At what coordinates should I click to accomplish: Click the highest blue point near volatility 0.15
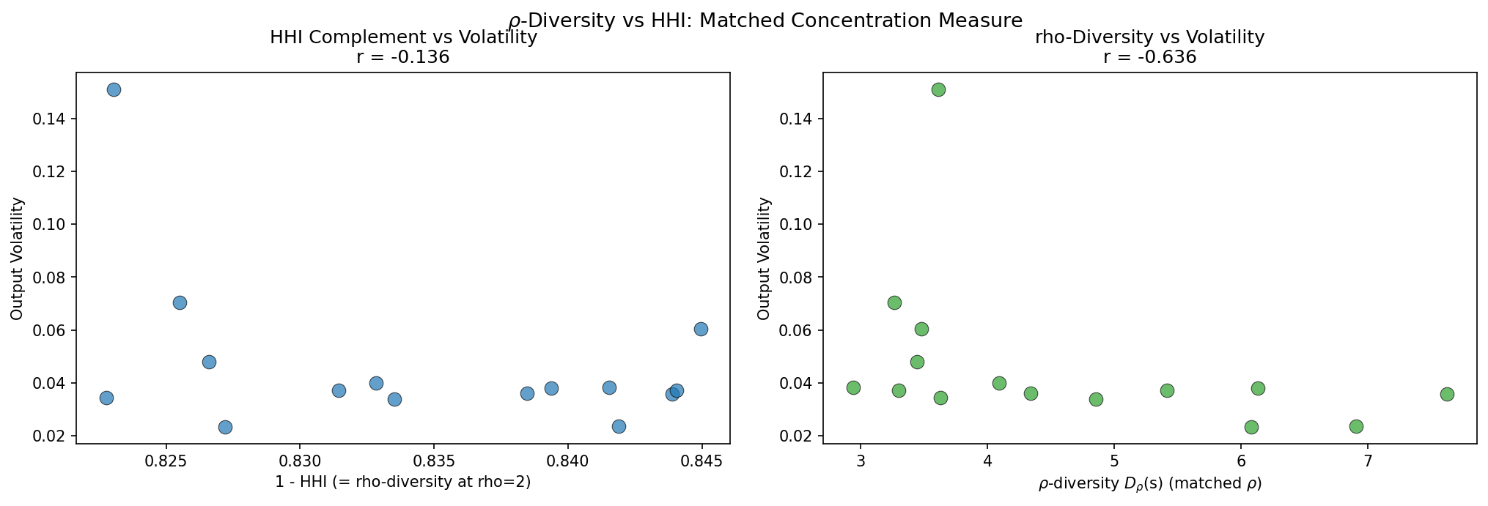[x=114, y=90]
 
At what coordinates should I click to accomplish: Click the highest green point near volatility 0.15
[x=938, y=90]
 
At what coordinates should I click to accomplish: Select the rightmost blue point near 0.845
[x=701, y=330]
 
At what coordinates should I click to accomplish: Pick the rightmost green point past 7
[x=1447, y=395]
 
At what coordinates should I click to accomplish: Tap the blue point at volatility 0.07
[x=180, y=303]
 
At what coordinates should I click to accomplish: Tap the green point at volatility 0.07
[x=894, y=303]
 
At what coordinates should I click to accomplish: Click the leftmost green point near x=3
[x=853, y=387]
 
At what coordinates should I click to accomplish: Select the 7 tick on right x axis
[x=1368, y=462]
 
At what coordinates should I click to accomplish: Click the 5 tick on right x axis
[x=1114, y=462]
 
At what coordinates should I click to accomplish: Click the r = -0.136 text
[x=402, y=57]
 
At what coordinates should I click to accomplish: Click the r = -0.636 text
[x=1149, y=57]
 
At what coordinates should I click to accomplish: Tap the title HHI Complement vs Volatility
[x=403, y=37]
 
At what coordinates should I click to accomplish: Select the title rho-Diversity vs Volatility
[x=1149, y=37]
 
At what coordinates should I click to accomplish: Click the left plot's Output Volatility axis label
[x=17, y=258]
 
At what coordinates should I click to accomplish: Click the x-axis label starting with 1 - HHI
[x=402, y=482]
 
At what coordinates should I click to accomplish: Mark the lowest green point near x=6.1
[x=1251, y=427]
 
